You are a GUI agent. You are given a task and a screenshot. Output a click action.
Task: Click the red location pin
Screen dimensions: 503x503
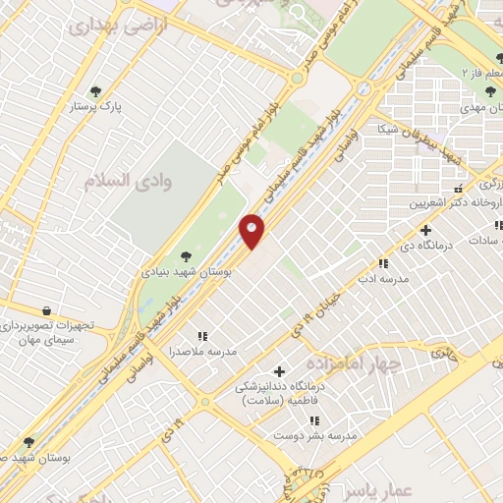pyautogui.click(x=252, y=231)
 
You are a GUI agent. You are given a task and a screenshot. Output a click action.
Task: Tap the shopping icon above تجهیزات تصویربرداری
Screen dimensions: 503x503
pyautogui.click(x=46, y=310)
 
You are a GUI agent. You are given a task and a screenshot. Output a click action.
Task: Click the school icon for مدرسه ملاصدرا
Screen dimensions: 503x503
pyautogui.click(x=202, y=336)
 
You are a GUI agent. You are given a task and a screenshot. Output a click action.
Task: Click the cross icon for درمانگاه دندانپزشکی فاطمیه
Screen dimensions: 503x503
pyautogui.click(x=280, y=371)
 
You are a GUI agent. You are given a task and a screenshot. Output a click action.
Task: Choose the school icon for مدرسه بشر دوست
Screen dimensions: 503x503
pyautogui.click(x=314, y=420)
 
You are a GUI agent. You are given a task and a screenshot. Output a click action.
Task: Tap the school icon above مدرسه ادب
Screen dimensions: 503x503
pyautogui.click(x=383, y=263)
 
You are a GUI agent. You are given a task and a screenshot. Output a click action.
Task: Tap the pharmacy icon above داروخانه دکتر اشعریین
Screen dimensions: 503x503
pyautogui.click(x=458, y=188)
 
